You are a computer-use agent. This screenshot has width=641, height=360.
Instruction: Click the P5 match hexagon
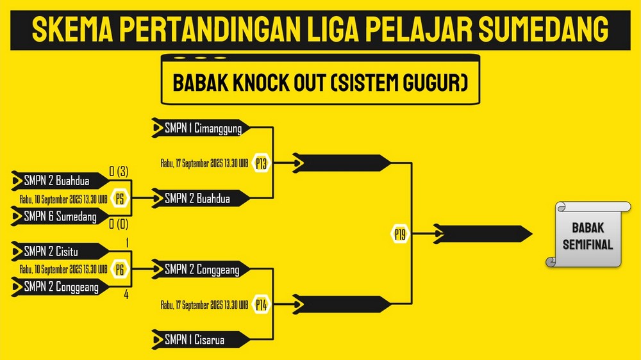(x=120, y=199)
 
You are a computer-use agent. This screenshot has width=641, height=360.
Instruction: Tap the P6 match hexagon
(x=120, y=269)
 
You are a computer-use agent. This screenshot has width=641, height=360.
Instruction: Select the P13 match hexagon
(x=262, y=163)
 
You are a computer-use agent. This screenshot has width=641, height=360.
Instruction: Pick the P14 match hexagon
(x=262, y=305)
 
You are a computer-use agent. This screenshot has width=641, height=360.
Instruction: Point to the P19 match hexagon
(x=400, y=234)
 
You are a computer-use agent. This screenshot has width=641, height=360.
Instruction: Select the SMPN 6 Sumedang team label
(x=60, y=216)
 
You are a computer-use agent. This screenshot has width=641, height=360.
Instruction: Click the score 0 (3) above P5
(x=119, y=172)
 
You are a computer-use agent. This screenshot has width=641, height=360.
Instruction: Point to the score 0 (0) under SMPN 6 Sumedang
(x=119, y=224)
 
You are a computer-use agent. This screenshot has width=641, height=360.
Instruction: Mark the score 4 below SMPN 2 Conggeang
(x=126, y=295)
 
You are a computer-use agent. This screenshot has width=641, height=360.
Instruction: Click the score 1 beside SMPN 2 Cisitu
(x=127, y=243)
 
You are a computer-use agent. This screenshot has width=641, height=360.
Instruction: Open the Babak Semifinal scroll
(x=588, y=234)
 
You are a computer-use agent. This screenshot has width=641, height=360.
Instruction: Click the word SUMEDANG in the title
(x=544, y=29)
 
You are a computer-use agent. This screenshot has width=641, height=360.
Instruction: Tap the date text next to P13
(x=204, y=163)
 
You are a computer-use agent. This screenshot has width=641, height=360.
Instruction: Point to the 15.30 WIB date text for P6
(x=63, y=269)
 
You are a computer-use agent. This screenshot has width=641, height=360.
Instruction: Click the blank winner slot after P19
(x=483, y=234)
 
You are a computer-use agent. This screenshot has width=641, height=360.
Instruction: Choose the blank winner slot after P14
(x=342, y=305)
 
